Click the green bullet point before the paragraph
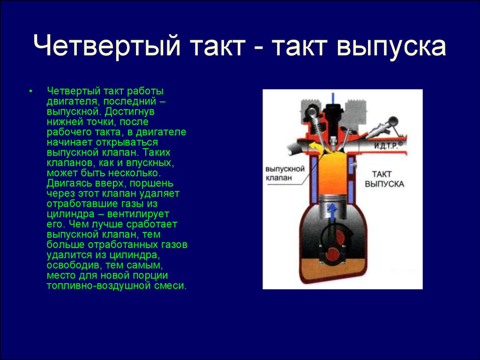coord(30,91)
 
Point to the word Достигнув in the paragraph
coord(130,112)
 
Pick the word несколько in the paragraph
coord(135,173)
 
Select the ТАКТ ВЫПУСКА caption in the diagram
coord(384,179)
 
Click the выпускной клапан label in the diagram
coord(285,173)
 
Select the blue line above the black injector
coord(333,97)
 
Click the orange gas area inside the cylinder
coord(332,173)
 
